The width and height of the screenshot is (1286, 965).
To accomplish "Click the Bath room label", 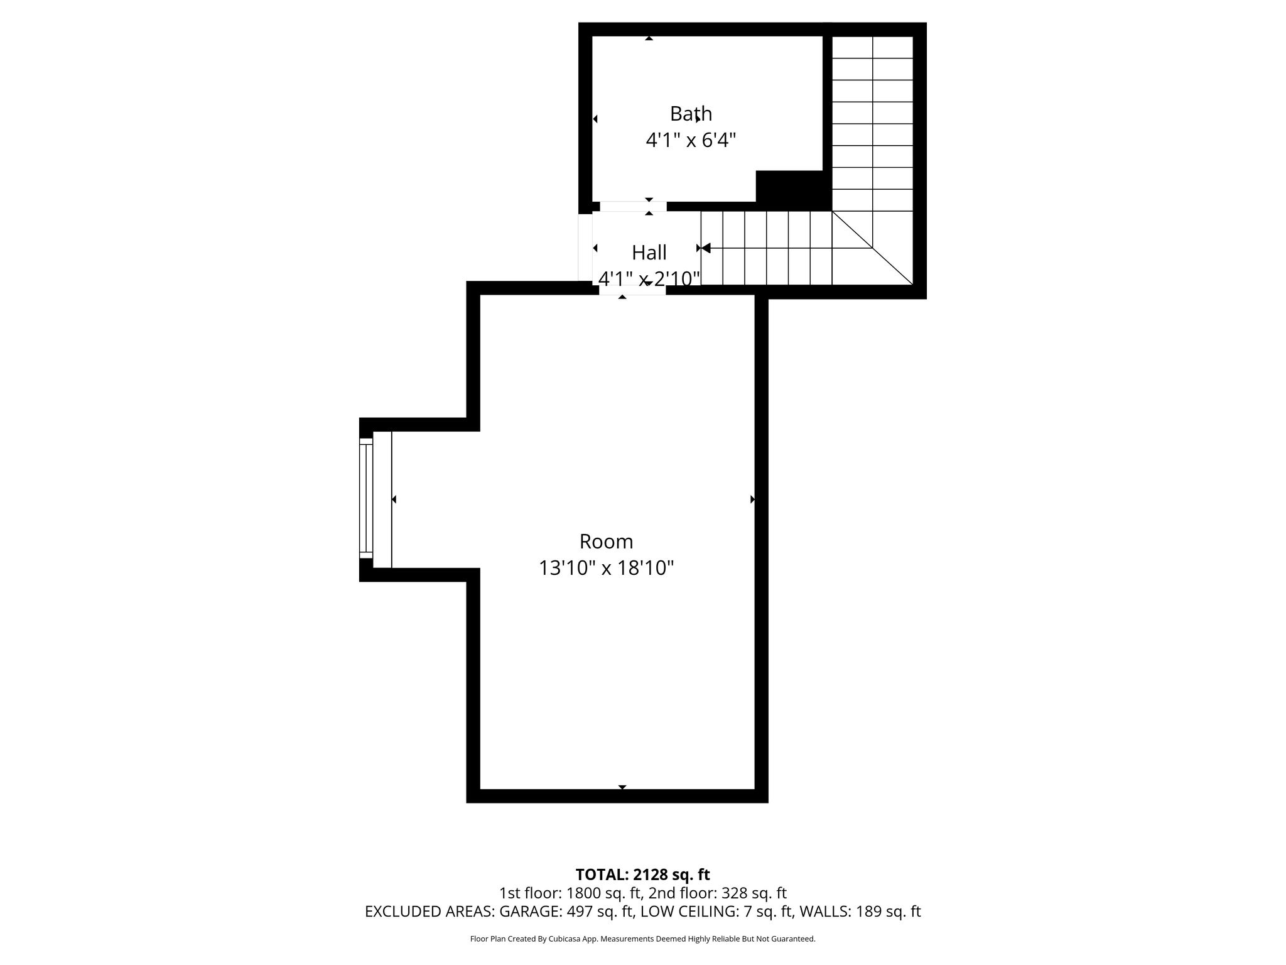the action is point(691,114).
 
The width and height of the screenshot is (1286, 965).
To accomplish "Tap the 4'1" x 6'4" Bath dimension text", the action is point(691,139).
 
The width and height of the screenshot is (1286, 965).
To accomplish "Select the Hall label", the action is point(649,253).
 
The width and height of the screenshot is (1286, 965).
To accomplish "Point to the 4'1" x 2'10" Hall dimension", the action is point(649,278).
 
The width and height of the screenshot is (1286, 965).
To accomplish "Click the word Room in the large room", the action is point(606,542).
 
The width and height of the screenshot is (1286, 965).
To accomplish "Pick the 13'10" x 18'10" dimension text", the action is point(606,568).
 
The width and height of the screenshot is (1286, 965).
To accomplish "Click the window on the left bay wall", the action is point(365,499).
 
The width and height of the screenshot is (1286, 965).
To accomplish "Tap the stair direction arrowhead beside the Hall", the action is point(705,248).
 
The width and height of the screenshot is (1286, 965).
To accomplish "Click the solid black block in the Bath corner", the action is point(794,190).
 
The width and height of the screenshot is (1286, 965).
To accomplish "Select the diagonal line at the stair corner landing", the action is point(872,248).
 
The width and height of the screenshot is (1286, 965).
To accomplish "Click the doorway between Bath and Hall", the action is point(633,207).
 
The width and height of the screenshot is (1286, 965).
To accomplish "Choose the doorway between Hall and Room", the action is point(632,290).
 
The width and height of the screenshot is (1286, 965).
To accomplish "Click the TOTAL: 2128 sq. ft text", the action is point(642,875).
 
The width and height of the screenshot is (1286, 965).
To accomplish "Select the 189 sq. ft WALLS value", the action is point(889,912).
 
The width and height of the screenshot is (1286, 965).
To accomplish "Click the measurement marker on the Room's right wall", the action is point(752,499).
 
